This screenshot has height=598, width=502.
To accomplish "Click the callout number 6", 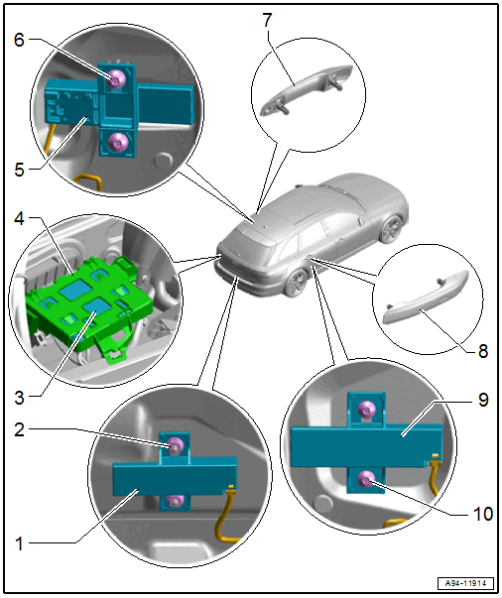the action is tap(19, 40).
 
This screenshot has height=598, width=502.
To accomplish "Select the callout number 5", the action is tap(20, 170).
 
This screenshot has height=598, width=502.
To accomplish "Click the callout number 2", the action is tap(20, 429).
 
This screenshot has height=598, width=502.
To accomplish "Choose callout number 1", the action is tap(20, 543).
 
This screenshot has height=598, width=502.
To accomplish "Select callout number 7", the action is tap(267, 20).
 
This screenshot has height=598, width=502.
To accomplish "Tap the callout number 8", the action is tap(483, 351).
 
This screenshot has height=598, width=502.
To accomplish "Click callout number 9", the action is tap(483, 400).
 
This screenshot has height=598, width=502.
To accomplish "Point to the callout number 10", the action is tap(482, 514).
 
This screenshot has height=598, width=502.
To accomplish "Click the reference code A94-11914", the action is tap(465, 583).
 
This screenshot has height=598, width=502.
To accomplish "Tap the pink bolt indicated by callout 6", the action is tap(114, 79).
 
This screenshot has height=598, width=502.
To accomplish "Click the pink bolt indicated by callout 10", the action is tap(366, 479).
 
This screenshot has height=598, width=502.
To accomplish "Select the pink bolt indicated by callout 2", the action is tap(176, 445).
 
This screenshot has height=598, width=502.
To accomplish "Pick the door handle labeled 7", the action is tap(307, 89).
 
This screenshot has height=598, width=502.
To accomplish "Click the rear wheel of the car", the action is tap(296, 283).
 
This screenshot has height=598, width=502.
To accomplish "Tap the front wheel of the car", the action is tap(392, 229).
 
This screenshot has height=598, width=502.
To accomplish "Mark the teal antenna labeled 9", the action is tap(366, 445).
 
